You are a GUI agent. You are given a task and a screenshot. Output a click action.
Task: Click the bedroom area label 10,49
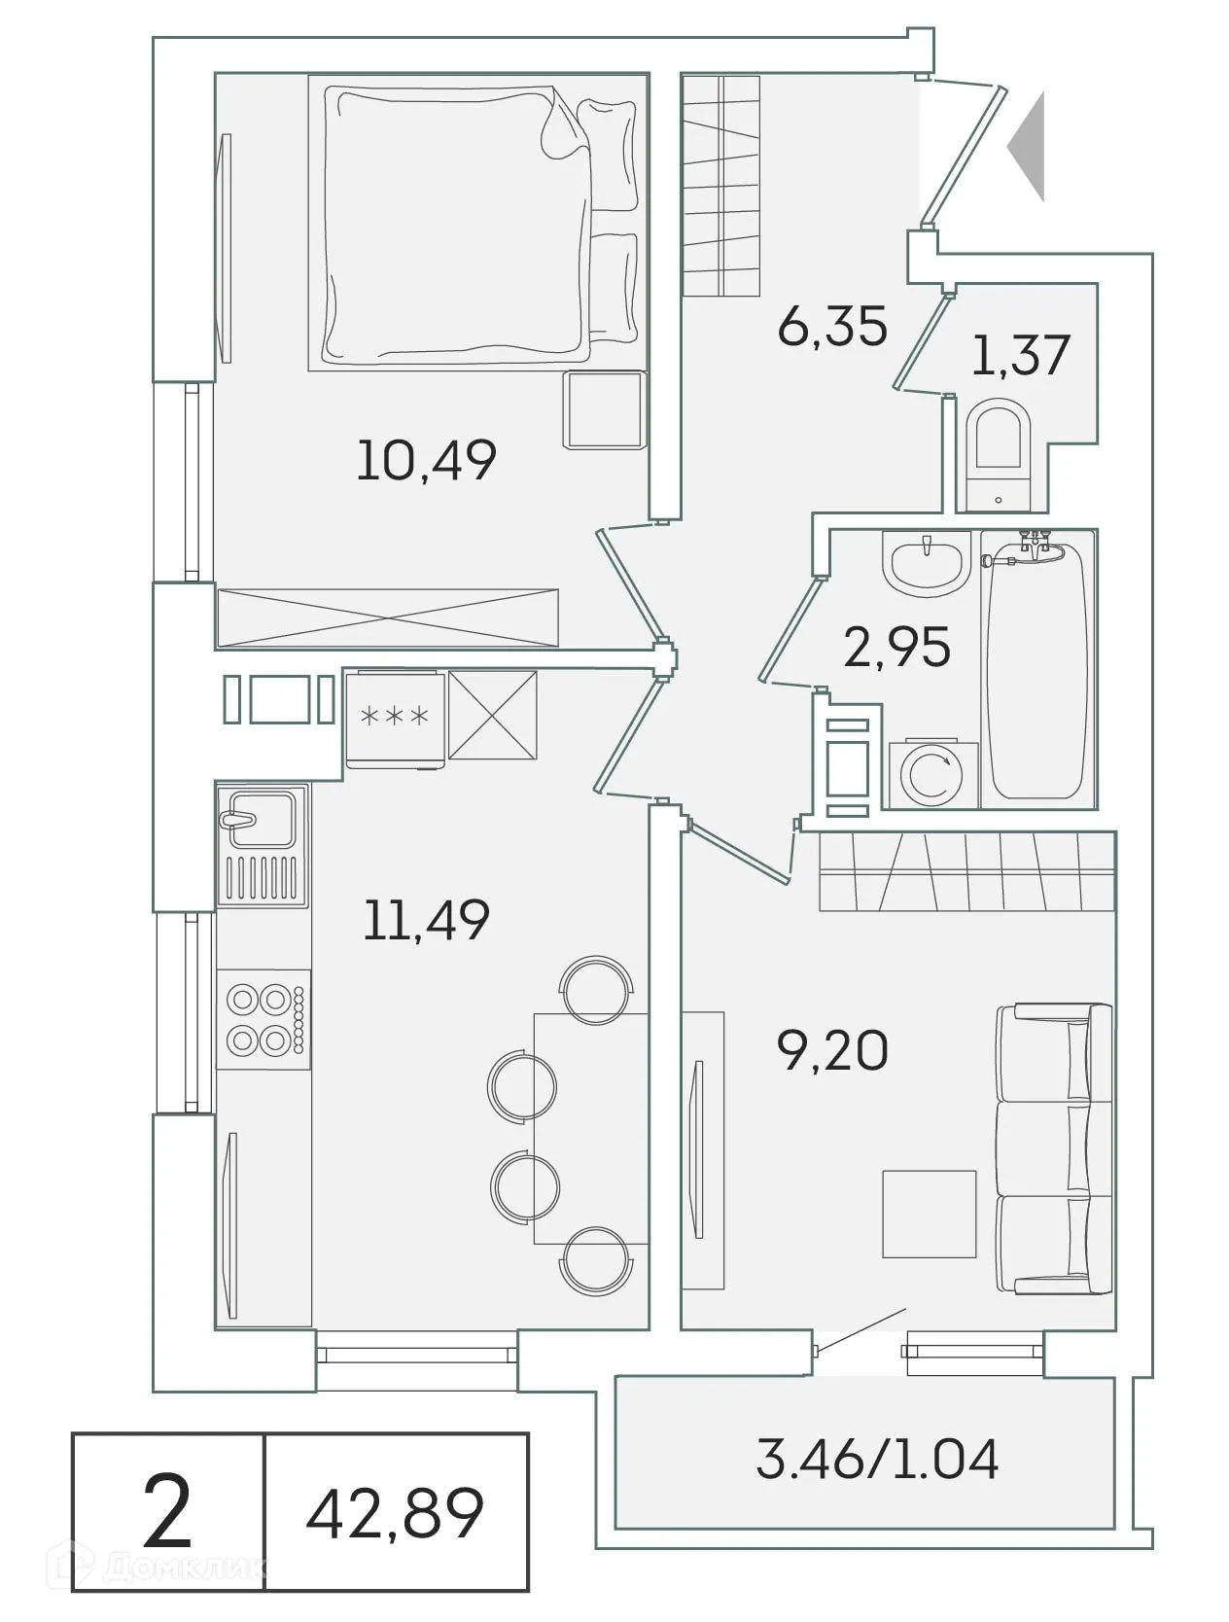click(426, 460)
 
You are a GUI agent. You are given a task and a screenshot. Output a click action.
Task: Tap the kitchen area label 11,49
click(426, 919)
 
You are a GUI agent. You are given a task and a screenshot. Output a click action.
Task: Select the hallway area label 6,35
click(832, 326)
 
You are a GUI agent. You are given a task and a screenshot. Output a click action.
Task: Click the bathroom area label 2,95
click(896, 648)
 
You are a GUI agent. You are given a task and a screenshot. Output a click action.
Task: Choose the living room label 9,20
click(832, 1050)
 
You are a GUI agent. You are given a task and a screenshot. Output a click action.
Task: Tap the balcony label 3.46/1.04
click(877, 1460)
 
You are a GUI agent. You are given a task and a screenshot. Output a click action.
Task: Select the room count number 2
click(167, 1512)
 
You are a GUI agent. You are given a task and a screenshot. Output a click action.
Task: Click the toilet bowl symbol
click(999, 457)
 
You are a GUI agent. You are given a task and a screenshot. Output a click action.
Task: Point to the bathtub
click(1037, 671)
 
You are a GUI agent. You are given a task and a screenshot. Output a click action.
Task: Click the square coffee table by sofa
click(929, 1214)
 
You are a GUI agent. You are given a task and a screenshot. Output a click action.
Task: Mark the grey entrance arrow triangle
click(1029, 147)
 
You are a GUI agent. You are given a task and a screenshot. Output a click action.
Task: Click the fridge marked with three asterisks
click(395, 718)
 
